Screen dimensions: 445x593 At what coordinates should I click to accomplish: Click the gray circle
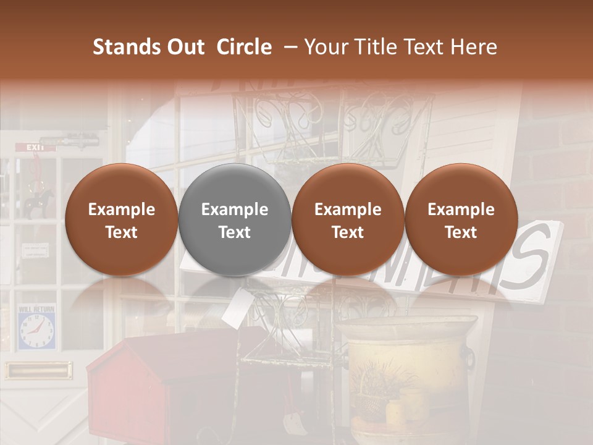coord(235,220)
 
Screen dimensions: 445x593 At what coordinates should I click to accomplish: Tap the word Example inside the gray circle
coord(235,210)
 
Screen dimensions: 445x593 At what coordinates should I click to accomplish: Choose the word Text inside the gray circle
coord(235,232)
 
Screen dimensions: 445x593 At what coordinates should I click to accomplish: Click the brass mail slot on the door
coord(38,371)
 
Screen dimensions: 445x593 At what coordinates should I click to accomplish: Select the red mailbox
coord(142,389)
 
